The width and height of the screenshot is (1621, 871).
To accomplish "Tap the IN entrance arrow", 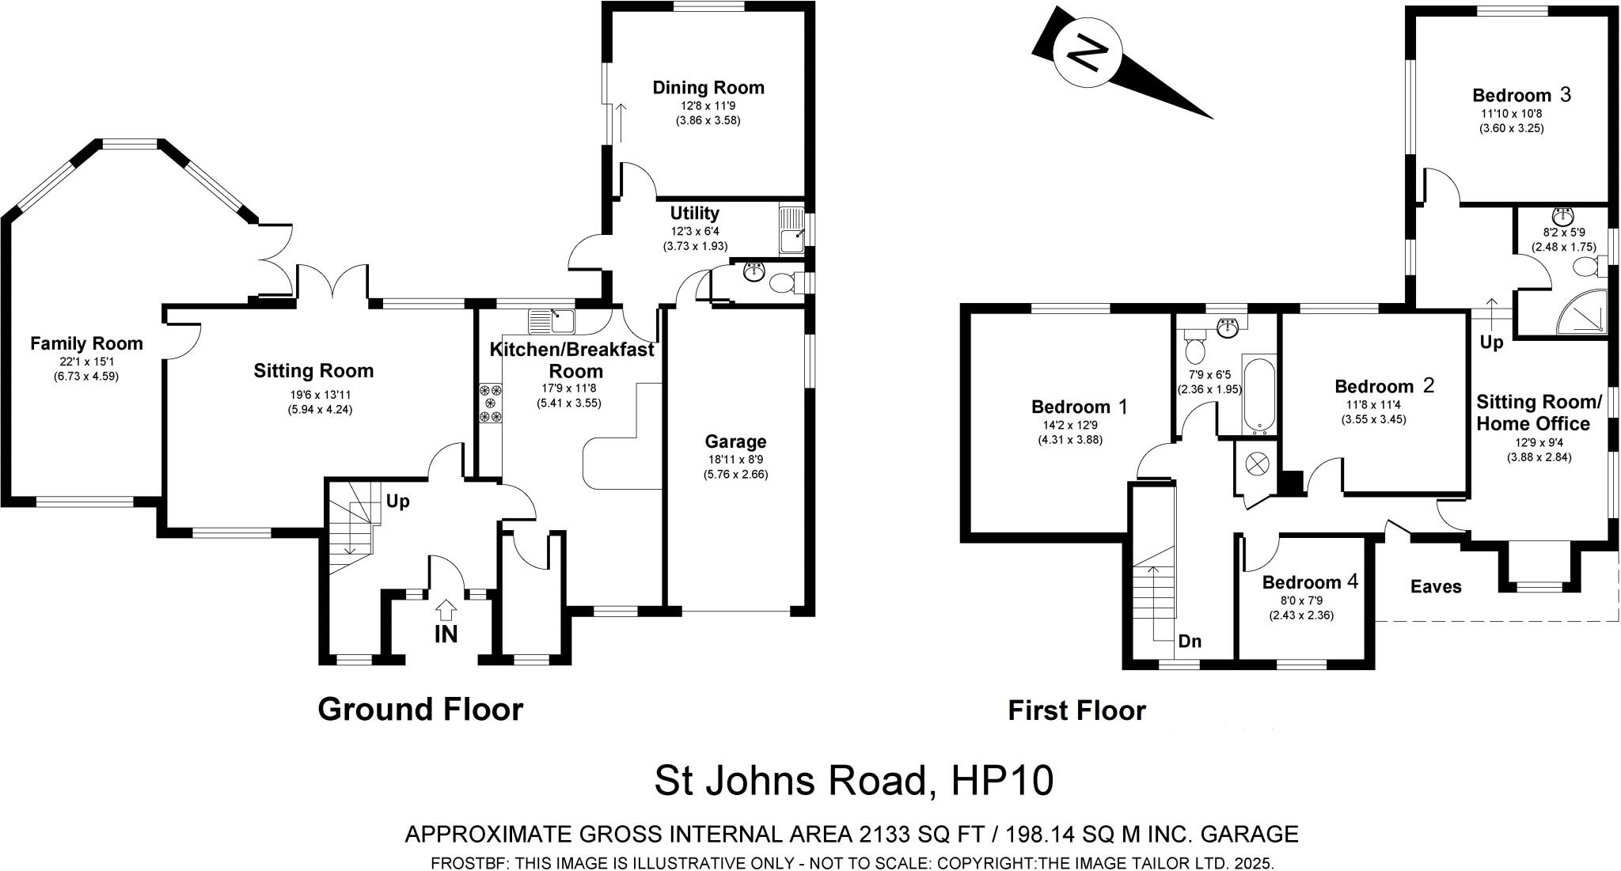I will point(446,610).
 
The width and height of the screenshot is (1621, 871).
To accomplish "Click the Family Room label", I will point(86,343).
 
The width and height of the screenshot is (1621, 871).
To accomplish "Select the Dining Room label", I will point(708,87).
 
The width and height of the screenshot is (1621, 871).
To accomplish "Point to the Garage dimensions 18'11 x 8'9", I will point(735,459).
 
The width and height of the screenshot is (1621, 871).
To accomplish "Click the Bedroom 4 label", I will point(1309,582).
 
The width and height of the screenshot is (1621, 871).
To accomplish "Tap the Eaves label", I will point(1435,586).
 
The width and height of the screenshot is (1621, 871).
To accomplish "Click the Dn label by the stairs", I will point(1190,641).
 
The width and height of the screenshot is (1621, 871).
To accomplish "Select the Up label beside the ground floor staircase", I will point(397,501).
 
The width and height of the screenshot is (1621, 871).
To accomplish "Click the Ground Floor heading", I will point(420,710).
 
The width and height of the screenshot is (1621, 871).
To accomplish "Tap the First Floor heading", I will point(1076,710).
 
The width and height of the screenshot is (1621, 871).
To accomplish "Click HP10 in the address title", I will point(1002,781).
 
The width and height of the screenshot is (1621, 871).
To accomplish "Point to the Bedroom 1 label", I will point(1080,407).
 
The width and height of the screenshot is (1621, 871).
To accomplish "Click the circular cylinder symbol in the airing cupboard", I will point(1257,464).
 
